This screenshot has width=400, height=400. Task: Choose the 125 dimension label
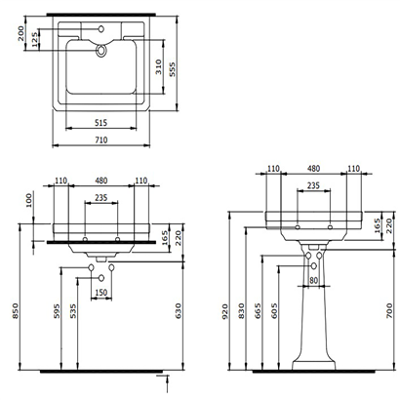[36, 40]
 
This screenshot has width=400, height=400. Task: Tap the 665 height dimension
[256, 309]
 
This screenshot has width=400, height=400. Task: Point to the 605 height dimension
[273, 309]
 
